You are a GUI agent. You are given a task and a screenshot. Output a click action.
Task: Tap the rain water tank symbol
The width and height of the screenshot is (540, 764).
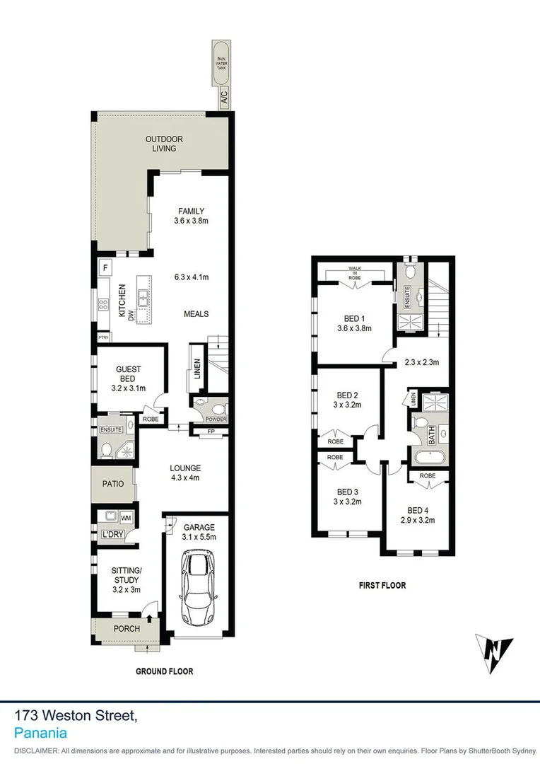pos(223,68)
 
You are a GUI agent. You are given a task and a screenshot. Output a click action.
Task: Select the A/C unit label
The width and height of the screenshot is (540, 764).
pos(223,100)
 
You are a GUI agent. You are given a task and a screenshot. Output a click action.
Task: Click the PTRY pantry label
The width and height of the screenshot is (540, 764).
pos(105,337)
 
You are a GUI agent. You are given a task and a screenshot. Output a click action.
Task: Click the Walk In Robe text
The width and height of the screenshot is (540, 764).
pos(354,273)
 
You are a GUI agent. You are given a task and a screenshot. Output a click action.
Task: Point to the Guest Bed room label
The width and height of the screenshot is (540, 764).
pos(129,374)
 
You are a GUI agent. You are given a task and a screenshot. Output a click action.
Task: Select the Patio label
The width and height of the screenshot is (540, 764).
pos(113,485)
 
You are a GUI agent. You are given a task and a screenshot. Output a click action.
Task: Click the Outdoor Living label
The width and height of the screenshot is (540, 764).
pos(160,144)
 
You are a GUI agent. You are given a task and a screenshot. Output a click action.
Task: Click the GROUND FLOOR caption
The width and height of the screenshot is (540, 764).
pos(165,671)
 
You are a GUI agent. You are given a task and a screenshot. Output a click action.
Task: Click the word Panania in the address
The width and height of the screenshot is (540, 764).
pos(40,734)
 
